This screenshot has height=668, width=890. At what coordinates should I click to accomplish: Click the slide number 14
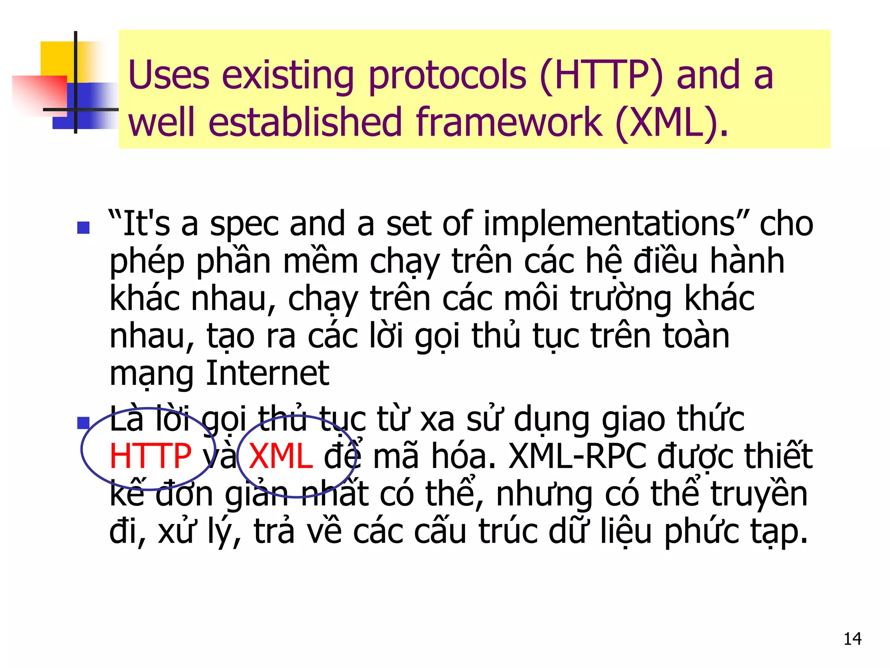pyautogui.click(x=852, y=639)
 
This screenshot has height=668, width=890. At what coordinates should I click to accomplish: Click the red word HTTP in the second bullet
pyautogui.click(x=150, y=456)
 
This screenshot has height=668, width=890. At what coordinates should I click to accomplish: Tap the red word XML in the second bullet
pyautogui.click(x=281, y=456)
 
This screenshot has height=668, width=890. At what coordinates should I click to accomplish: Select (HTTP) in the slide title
pyautogui.click(x=601, y=76)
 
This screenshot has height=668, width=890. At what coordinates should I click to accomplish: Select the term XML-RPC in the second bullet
pyautogui.click(x=578, y=456)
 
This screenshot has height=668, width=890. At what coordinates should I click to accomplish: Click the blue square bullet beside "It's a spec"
pyautogui.click(x=83, y=227)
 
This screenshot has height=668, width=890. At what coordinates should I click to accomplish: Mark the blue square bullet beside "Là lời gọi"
pyautogui.click(x=83, y=423)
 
